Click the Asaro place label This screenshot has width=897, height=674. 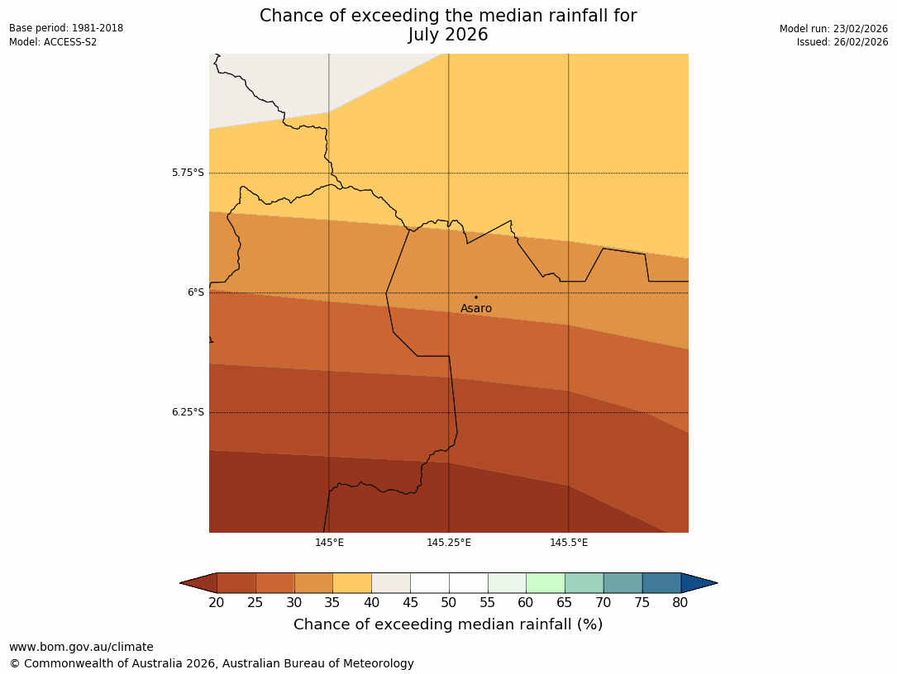coord(475,309)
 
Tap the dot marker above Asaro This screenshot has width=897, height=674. coord(475,297)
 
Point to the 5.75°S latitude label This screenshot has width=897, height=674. coord(188,173)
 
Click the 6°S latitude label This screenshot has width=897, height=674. coord(195,292)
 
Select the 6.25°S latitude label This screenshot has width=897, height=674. coord(188,412)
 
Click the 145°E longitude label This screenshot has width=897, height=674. coord(329,543)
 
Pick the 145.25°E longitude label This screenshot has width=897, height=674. coord(449,543)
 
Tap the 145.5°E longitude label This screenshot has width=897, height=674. coord(569,543)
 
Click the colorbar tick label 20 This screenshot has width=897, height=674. coord(217,603)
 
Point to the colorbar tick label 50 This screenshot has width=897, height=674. coord(449,603)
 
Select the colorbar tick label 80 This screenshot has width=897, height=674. coord(680,603)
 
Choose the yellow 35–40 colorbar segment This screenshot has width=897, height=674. coord(352,583)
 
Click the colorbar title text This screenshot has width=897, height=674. coord(448,624)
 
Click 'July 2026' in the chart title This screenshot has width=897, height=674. coord(448,35)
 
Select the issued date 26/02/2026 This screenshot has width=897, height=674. coord(860,42)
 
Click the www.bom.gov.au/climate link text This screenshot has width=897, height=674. coord(81,647)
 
